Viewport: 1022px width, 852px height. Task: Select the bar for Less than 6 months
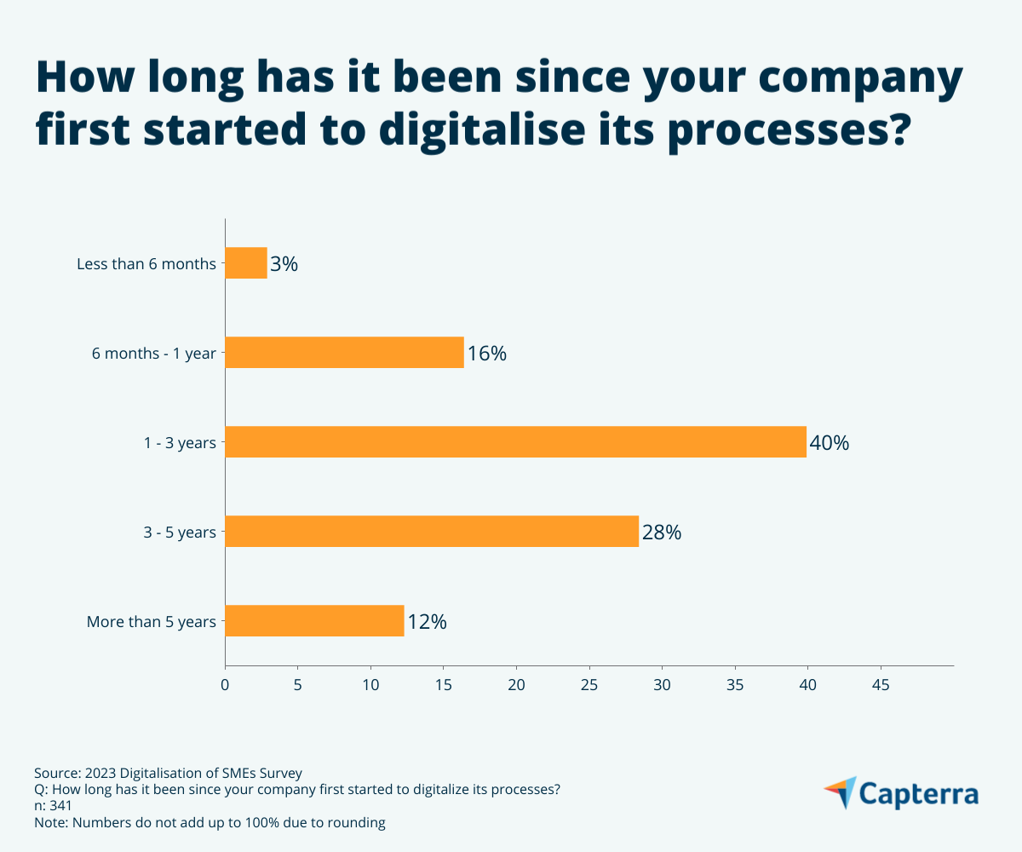[x=246, y=263]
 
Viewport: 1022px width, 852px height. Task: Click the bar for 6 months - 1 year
[x=344, y=353]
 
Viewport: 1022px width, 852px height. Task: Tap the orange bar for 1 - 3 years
[x=515, y=442]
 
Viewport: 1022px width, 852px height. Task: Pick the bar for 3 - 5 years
[x=432, y=532]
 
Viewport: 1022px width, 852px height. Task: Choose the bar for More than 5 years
[x=314, y=621]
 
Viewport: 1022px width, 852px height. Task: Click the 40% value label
[x=829, y=443]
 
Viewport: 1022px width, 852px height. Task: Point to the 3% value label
[x=284, y=264]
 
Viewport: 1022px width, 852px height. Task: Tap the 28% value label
[x=661, y=532]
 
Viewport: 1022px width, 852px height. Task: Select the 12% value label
[x=427, y=622]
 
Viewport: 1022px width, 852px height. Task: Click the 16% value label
[x=486, y=354]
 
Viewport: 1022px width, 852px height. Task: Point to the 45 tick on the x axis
[x=881, y=684]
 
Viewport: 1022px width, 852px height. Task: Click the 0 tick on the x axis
[x=225, y=684]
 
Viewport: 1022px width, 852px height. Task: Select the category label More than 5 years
[x=152, y=622]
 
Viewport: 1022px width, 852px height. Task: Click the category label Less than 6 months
[x=146, y=264]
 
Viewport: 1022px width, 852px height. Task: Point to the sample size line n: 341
[x=53, y=806]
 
